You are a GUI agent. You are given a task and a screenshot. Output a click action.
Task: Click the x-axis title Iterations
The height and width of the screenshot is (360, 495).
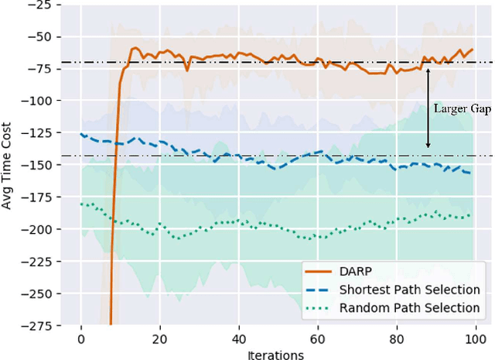point(276,353)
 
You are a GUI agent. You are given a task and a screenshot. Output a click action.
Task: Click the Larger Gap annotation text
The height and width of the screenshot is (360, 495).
point(461,109)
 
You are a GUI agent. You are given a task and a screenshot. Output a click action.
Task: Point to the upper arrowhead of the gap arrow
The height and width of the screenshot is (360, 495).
point(428,67)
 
